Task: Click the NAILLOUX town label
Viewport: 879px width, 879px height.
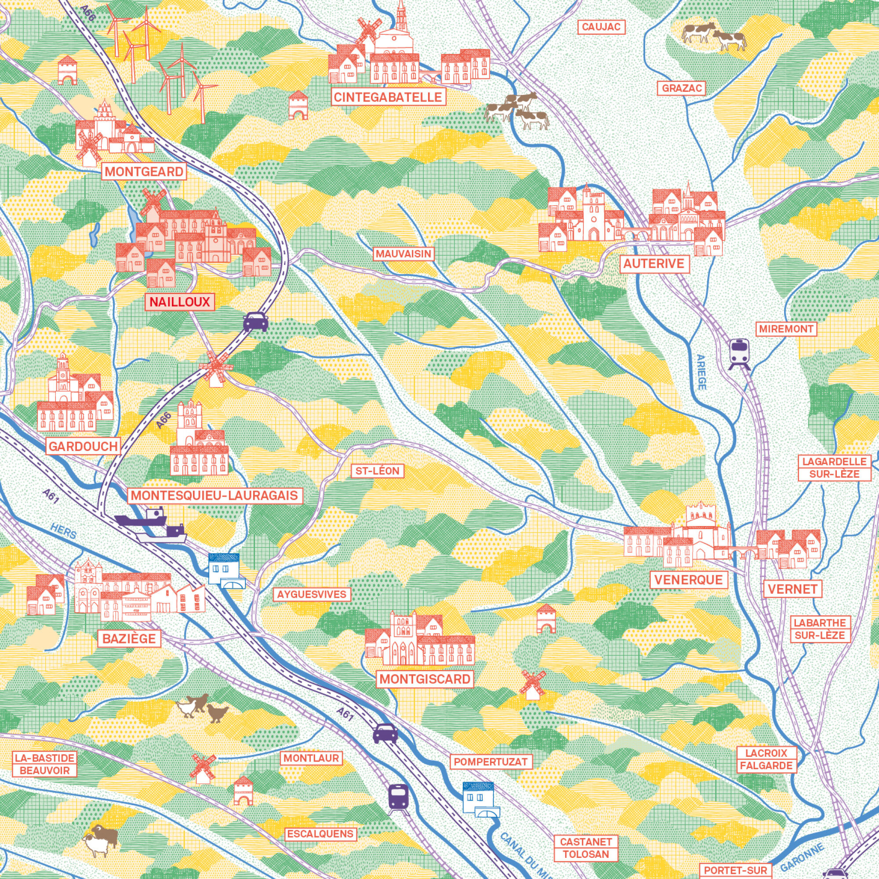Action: pyautogui.click(x=179, y=302)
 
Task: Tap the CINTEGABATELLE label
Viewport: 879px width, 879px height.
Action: pyautogui.click(x=388, y=97)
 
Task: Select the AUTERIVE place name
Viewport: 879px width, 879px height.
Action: pyautogui.click(x=654, y=263)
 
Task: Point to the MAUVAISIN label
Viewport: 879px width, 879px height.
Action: pyautogui.click(x=403, y=254)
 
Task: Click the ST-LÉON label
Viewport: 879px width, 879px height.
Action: pyautogui.click(x=377, y=471)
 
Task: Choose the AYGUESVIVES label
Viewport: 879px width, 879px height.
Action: pyautogui.click(x=312, y=594)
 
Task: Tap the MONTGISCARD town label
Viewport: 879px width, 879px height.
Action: pyautogui.click(x=425, y=679)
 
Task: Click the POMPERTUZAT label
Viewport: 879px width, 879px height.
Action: pyautogui.click(x=490, y=762)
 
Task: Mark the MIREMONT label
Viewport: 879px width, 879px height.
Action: pyautogui.click(x=786, y=329)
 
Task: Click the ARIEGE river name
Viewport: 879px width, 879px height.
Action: pyautogui.click(x=701, y=372)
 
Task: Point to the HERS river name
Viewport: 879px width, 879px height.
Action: pyautogui.click(x=63, y=531)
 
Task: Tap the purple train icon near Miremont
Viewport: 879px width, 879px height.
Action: pyautogui.click(x=740, y=353)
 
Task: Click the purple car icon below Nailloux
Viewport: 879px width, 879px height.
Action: pyautogui.click(x=256, y=322)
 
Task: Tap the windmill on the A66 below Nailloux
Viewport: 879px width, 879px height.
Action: pyautogui.click(x=216, y=367)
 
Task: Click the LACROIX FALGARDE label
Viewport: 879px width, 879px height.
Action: pyautogui.click(x=766, y=759)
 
